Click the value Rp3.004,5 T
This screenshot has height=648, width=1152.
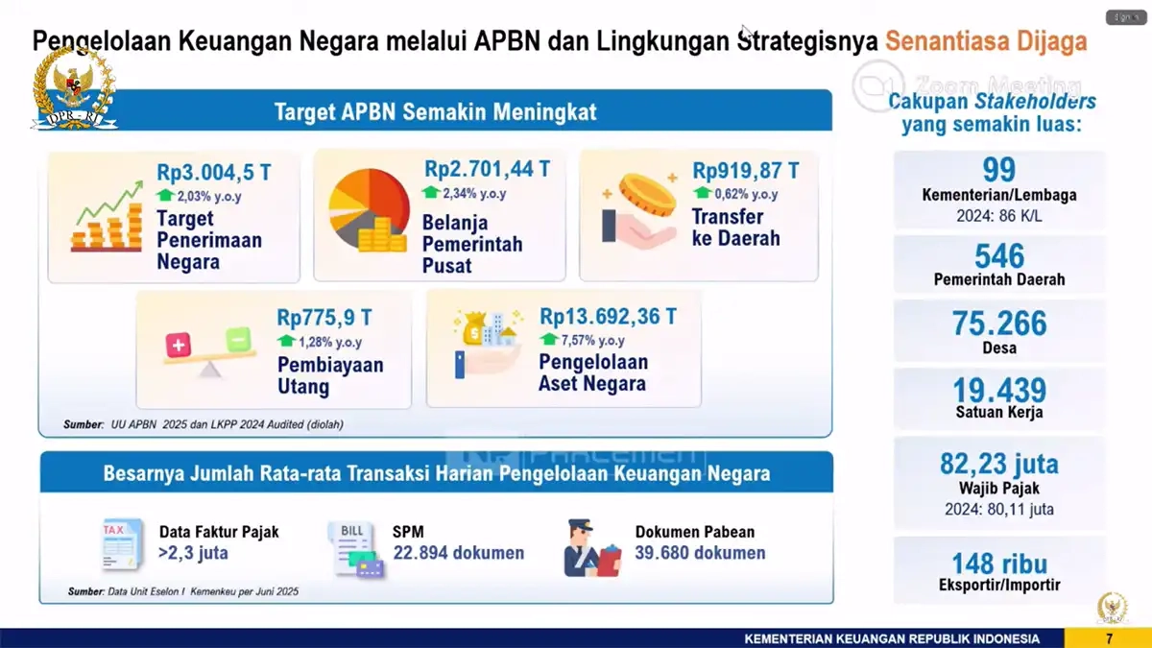tap(214, 173)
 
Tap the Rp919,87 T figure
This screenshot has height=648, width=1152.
tap(746, 171)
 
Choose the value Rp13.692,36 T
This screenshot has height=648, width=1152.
tap(608, 316)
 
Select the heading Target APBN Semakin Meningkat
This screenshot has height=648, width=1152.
tap(435, 111)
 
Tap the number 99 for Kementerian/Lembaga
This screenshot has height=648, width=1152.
tap(999, 171)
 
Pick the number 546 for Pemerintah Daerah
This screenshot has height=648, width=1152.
tap(999, 256)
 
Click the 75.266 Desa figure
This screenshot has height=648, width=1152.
tap(999, 324)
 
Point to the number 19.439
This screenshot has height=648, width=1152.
tap(999, 391)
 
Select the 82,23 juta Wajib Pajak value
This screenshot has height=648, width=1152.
tap(999, 465)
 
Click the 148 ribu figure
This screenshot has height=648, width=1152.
tap(999, 562)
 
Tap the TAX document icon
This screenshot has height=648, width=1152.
tap(120, 544)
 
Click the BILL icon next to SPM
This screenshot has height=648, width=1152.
tap(353, 548)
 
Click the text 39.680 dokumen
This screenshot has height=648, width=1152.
tap(700, 553)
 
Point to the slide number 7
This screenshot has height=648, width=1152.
tap(1109, 638)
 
